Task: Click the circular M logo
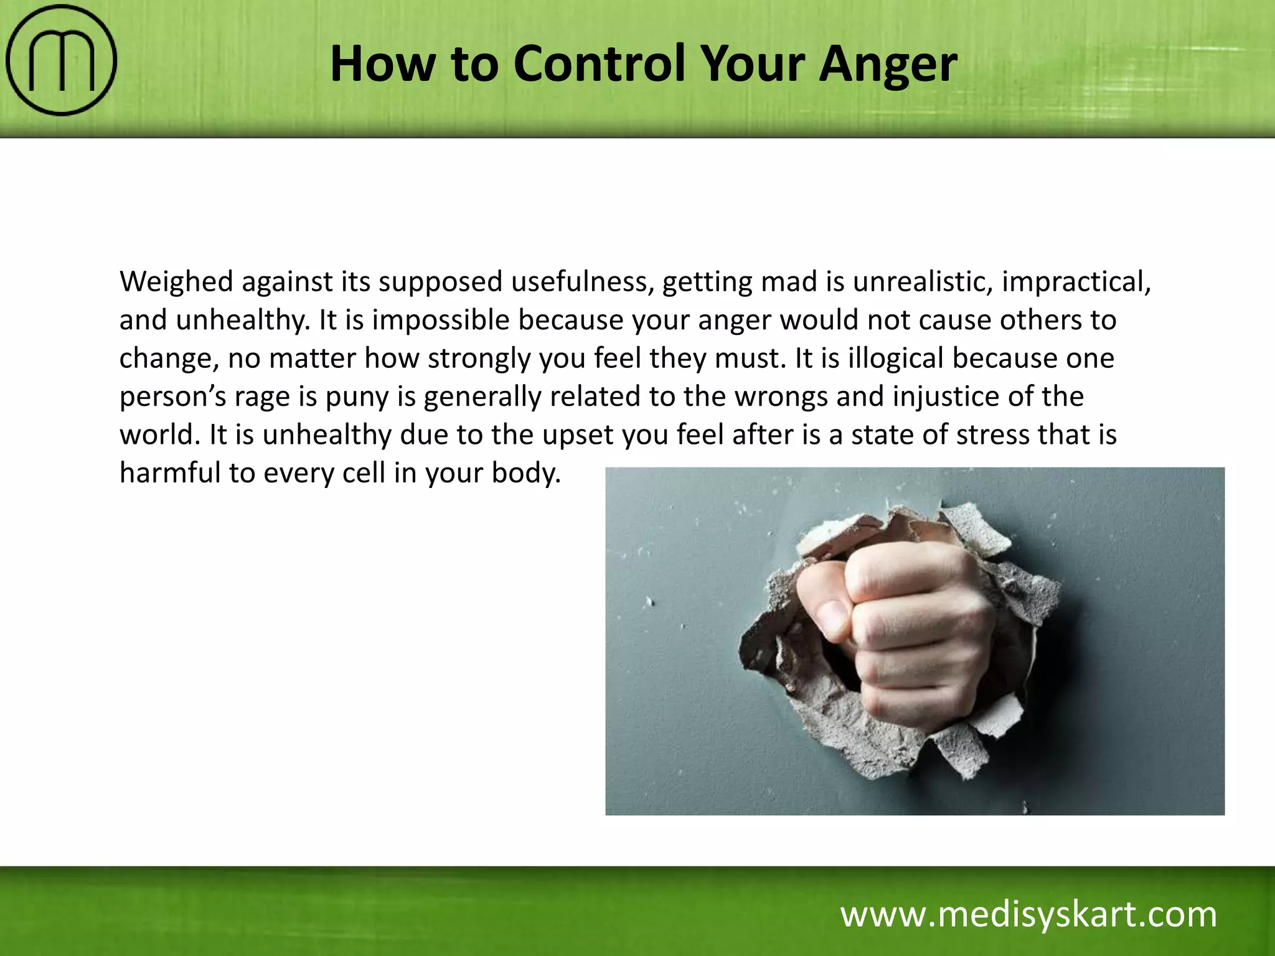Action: (61, 60)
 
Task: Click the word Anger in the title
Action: (888, 63)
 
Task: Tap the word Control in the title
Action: (600, 63)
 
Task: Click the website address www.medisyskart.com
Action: (1028, 914)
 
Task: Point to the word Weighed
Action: (176, 282)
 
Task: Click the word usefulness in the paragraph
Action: (582, 282)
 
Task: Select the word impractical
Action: (1076, 282)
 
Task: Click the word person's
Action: (172, 397)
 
